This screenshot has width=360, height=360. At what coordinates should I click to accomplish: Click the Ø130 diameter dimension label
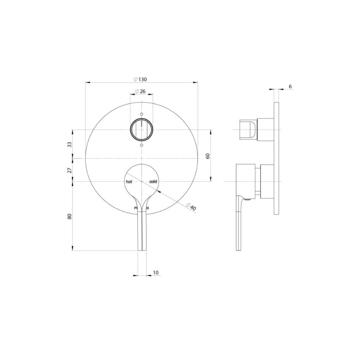(x=140, y=79)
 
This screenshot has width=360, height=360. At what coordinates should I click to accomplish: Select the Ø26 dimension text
(x=140, y=91)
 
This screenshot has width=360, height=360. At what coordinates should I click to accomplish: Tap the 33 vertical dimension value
(x=69, y=144)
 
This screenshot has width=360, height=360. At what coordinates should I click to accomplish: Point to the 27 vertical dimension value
(x=69, y=170)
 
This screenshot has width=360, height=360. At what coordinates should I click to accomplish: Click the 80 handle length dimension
(x=69, y=216)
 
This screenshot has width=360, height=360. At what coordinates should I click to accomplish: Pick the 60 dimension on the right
(x=208, y=156)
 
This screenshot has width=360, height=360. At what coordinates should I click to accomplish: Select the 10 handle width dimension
(x=156, y=273)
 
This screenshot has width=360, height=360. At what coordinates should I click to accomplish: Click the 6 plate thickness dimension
(x=290, y=86)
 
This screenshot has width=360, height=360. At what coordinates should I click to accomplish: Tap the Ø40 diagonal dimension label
(x=191, y=206)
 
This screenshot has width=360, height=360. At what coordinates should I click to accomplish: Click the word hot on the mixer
(x=129, y=182)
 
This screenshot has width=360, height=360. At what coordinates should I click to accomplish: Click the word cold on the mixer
(x=153, y=182)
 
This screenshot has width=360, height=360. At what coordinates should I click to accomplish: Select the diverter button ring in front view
(x=142, y=129)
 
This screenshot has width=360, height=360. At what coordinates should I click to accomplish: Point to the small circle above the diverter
(x=142, y=114)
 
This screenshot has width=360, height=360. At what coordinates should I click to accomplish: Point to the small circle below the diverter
(x=142, y=146)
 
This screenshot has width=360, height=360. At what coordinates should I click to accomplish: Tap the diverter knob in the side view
(x=248, y=129)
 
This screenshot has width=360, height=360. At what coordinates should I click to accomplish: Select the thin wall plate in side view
(x=276, y=158)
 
